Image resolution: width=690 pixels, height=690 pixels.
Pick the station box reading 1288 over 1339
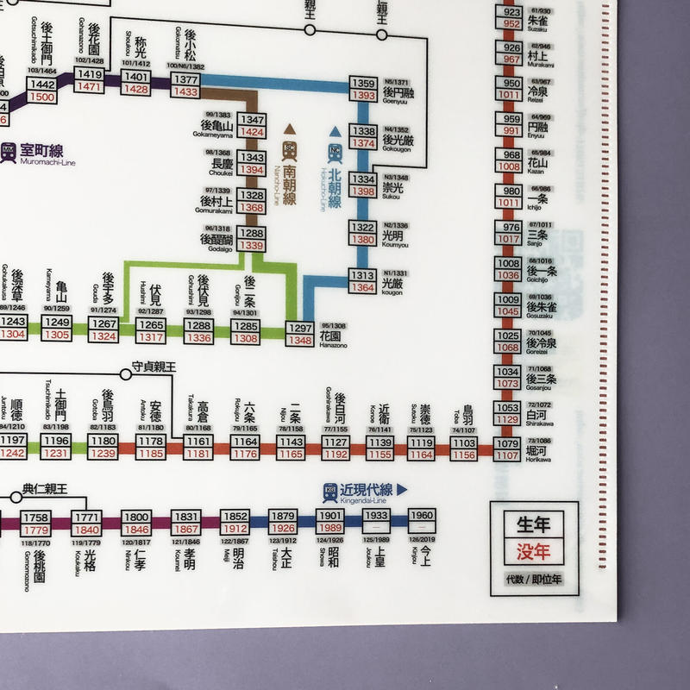(x=252, y=239)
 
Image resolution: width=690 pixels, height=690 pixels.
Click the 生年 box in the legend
(x=527, y=524)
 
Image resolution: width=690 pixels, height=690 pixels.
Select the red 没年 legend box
(x=527, y=550)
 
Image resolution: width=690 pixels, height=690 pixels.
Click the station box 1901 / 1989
(x=329, y=522)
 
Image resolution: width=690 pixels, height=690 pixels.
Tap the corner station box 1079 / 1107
(x=506, y=449)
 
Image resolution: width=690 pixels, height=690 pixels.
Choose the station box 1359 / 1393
(x=363, y=89)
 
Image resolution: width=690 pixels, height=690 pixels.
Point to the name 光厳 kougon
(x=392, y=282)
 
